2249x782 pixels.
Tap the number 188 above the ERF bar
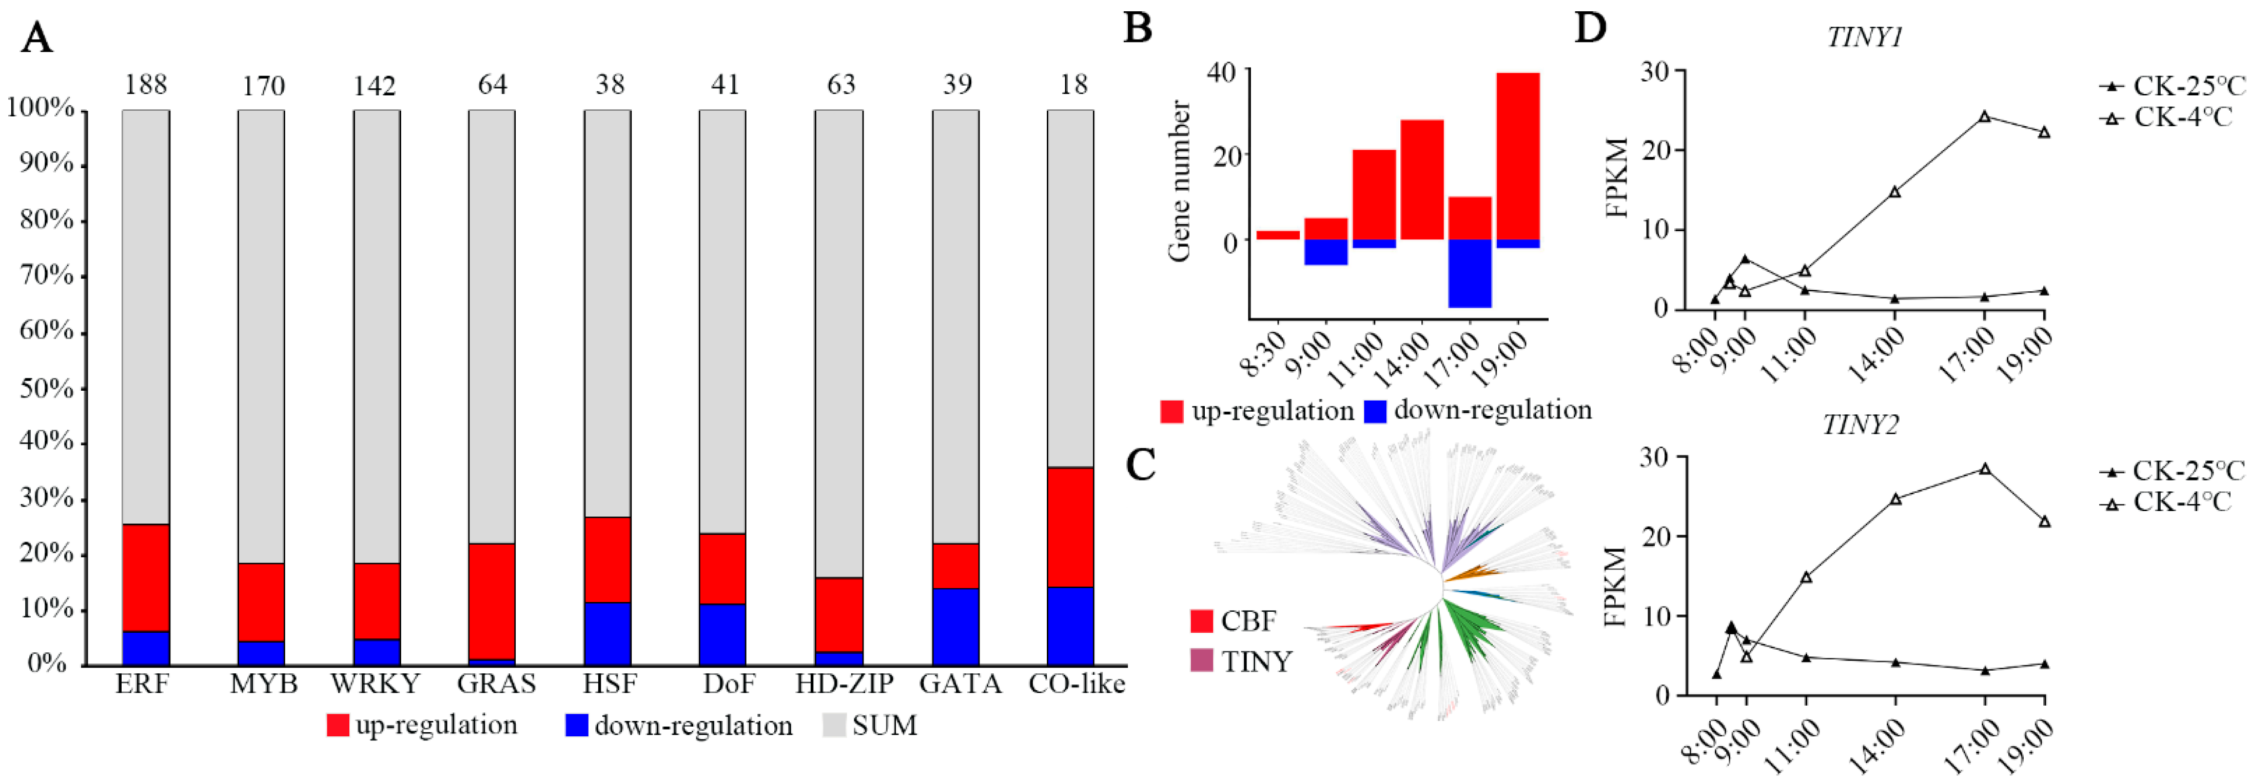point(146,85)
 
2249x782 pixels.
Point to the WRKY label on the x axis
point(376,684)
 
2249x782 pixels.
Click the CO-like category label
point(1075,684)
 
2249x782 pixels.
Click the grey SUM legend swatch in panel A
point(835,725)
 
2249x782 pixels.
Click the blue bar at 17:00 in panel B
point(1470,273)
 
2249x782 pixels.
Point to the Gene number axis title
point(1180,182)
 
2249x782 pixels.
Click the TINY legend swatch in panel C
point(1202,660)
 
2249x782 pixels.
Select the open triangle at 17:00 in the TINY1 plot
point(1984,116)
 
